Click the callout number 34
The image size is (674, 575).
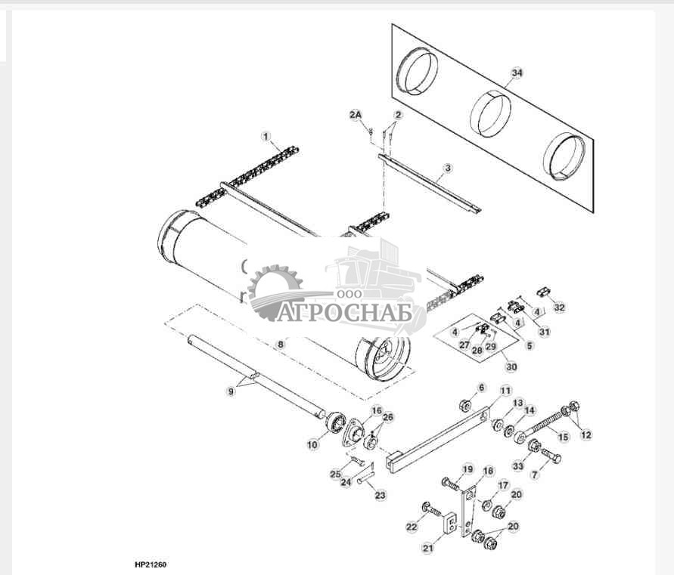(517, 73)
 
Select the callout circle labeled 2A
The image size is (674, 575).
(356, 114)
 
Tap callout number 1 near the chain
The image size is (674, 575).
(266, 136)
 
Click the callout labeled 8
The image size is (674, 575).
(281, 344)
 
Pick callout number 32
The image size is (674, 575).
(559, 308)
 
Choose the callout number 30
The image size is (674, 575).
(511, 366)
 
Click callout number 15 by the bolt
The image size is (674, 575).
(561, 437)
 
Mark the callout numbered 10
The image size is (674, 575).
(312, 445)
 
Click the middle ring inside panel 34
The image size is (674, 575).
(492, 113)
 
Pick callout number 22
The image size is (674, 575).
(411, 527)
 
